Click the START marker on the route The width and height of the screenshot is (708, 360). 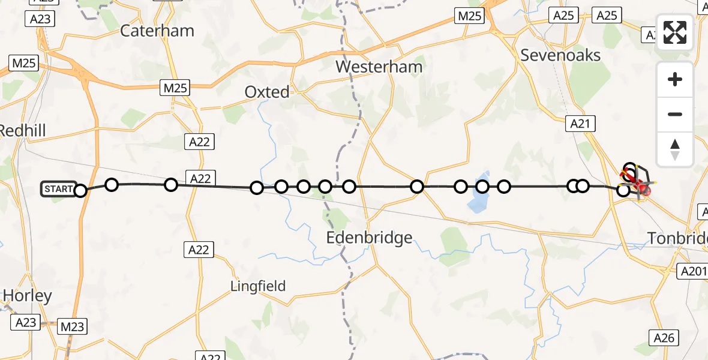point(59,190)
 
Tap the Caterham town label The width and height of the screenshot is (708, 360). point(157,31)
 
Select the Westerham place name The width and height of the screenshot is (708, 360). point(379,66)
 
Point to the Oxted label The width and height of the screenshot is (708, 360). point(267,92)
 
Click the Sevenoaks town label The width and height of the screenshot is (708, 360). point(560,55)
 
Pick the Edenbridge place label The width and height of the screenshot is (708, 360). point(369,238)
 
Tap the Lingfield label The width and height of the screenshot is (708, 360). point(258,286)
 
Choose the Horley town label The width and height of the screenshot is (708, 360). point(28,295)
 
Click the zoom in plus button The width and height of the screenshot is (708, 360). point(675,80)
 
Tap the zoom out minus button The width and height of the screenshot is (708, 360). point(675,114)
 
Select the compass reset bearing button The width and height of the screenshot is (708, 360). point(675,149)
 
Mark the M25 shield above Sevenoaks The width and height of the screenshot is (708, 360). point(469,16)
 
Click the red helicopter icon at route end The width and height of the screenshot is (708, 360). point(643,190)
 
